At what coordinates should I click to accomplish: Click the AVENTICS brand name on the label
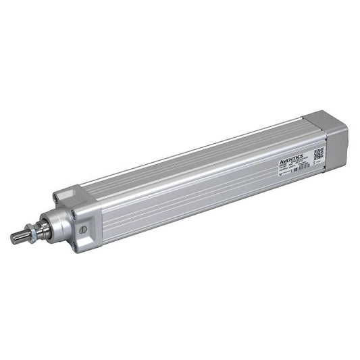292,158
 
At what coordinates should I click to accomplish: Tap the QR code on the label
319,152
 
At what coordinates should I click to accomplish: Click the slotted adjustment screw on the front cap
82,230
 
